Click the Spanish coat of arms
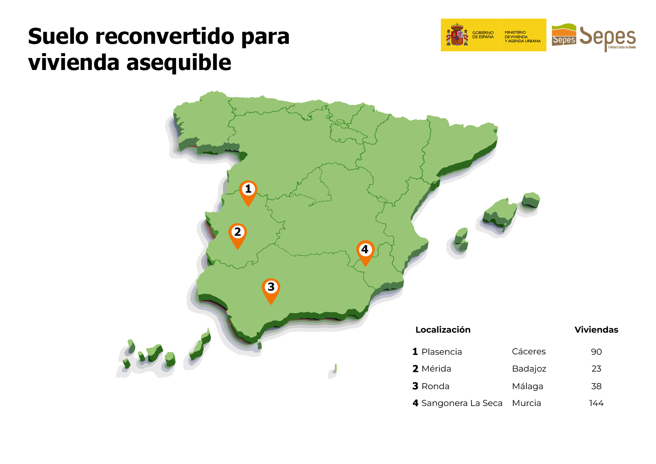457,35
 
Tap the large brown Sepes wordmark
607,37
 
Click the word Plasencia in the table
441,352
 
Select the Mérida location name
436,369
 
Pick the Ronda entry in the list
435,386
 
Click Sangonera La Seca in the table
462,403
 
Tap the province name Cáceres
528,352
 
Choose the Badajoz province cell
529,369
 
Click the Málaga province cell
527,386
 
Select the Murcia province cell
526,403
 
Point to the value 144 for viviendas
596,403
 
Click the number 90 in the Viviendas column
596,352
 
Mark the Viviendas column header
596,330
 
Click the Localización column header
443,330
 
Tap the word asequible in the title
179,62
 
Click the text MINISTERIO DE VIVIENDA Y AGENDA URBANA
522,37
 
